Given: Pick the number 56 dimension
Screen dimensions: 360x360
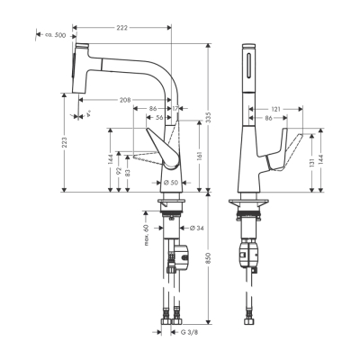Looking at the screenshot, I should click(x=158, y=117).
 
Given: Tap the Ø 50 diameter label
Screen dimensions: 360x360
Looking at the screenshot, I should click(x=171, y=184).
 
